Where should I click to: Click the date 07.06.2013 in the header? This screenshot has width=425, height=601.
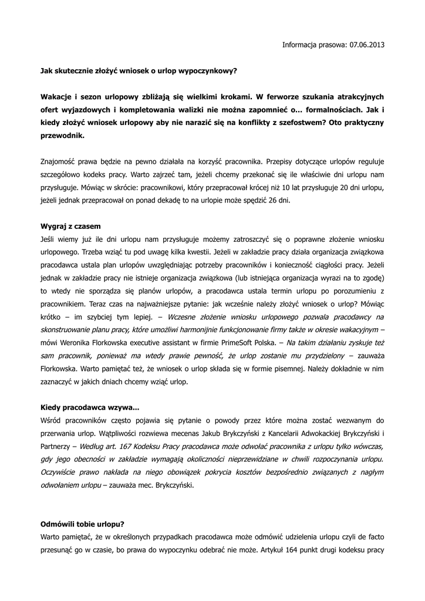(367, 45)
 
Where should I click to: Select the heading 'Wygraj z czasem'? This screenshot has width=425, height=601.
(71, 226)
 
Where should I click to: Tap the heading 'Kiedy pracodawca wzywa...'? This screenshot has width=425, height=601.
(90, 407)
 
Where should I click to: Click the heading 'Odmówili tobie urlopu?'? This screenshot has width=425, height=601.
(82, 524)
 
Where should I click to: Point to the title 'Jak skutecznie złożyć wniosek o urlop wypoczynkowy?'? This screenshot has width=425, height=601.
(139, 70)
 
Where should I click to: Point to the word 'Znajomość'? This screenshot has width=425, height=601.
(59, 161)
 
